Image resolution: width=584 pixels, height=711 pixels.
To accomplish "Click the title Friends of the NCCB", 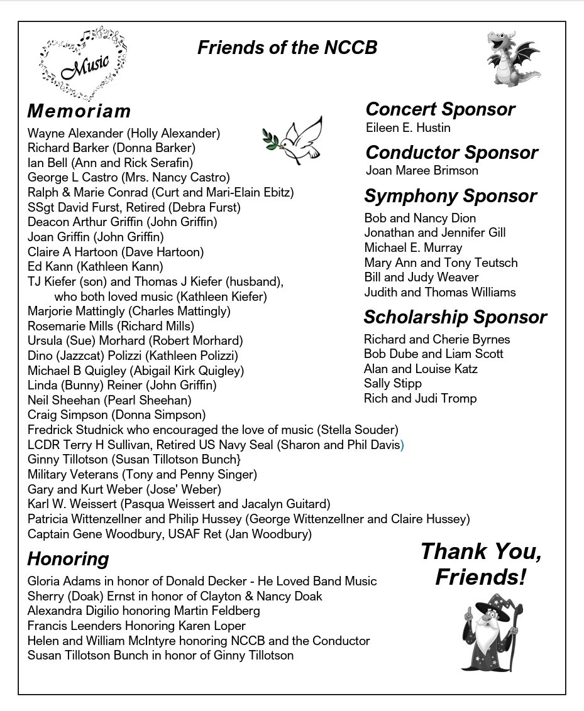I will click(287, 48).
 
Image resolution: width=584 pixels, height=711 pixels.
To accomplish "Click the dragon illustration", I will click(512, 58).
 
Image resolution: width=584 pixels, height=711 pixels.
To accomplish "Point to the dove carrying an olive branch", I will click(294, 141).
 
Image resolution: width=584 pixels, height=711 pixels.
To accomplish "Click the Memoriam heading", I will click(79, 111).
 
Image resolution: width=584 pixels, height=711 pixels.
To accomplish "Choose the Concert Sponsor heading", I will click(440, 109).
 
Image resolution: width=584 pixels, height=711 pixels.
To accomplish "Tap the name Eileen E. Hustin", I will click(408, 128).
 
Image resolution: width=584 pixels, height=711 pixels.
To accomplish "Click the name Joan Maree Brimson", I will click(422, 170).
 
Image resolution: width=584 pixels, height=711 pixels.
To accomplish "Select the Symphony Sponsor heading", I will click(450, 196).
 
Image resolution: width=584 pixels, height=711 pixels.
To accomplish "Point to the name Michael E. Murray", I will click(413, 247).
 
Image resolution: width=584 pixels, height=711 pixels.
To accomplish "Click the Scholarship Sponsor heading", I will click(455, 317).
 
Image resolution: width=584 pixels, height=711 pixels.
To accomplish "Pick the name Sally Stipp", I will click(393, 383).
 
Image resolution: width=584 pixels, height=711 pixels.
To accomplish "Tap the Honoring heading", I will click(68, 559).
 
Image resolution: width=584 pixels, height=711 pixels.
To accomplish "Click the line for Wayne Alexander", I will click(124, 133).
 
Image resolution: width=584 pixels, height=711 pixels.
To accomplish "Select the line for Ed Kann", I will click(96, 267).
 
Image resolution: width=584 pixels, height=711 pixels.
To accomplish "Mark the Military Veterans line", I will click(142, 474).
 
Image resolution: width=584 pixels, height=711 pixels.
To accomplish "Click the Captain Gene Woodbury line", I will click(170, 535).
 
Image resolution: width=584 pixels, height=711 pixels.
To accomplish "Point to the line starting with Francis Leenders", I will click(136, 626).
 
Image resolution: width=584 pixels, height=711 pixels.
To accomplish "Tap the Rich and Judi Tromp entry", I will click(420, 398).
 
